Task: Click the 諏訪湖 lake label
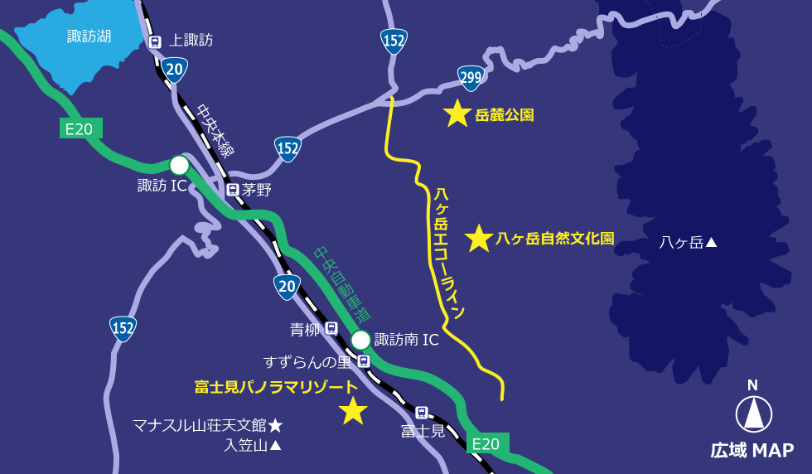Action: (x=89, y=36)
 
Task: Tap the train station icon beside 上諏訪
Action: (x=154, y=41)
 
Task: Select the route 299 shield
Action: (x=471, y=79)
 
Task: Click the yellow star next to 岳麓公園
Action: (x=457, y=114)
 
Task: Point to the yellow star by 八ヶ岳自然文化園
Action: (x=478, y=239)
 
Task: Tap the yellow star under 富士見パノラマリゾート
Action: (x=353, y=410)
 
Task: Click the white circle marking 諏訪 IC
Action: (x=179, y=165)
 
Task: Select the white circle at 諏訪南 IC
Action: (x=360, y=340)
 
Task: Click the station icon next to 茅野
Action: (x=233, y=190)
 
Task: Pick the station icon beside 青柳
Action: (x=331, y=328)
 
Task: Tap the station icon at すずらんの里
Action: (x=363, y=361)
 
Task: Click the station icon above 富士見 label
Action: (x=421, y=413)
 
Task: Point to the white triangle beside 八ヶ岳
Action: (x=711, y=243)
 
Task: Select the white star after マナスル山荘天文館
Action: (x=275, y=425)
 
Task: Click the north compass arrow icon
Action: (x=753, y=414)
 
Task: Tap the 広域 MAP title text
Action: (x=752, y=450)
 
